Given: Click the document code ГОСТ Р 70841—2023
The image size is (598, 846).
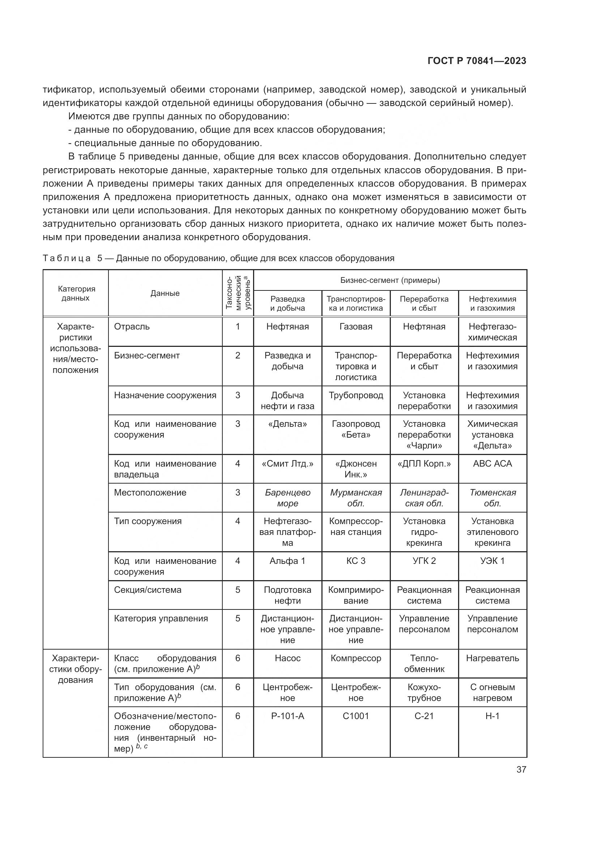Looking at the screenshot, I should pyautogui.click(x=477, y=61).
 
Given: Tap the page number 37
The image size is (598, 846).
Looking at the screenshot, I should pyautogui.click(x=521, y=769).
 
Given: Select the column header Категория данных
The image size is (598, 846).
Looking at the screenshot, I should pyautogui.click(x=76, y=293).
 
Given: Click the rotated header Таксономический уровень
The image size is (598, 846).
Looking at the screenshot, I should pyautogui.click(x=238, y=293).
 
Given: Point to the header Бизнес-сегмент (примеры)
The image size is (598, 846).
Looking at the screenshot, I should pyautogui.click(x=390, y=280).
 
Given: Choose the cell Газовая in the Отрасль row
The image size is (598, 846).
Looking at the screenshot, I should pyautogui.click(x=356, y=327).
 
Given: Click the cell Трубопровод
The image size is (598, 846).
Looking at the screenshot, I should pyautogui.click(x=356, y=395).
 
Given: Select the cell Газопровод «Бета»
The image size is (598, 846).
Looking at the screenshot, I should pyautogui.click(x=356, y=429).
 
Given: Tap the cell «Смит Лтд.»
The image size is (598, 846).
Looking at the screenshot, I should pyautogui.click(x=287, y=464).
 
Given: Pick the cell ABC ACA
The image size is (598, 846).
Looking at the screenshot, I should pyautogui.click(x=492, y=464).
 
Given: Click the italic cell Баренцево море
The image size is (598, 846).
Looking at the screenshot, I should pyautogui.click(x=287, y=498).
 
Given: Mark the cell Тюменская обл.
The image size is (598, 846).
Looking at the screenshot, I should pyautogui.click(x=492, y=498).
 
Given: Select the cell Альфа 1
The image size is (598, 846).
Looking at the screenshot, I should pyautogui.click(x=287, y=561).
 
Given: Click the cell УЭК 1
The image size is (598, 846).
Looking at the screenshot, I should pyautogui.click(x=492, y=561).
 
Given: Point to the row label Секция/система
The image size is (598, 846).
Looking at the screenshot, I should pyautogui.click(x=148, y=590).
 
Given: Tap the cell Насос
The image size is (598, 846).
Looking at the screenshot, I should pyautogui.click(x=287, y=658).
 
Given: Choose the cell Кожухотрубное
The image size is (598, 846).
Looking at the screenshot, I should pyautogui.click(x=424, y=692).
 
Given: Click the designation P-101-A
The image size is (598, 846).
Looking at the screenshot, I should pyautogui.click(x=287, y=716).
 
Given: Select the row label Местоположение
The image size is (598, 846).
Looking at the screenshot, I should pyautogui.click(x=150, y=493).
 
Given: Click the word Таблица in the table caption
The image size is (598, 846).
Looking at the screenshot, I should pyautogui.click(x=67, y=258).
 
